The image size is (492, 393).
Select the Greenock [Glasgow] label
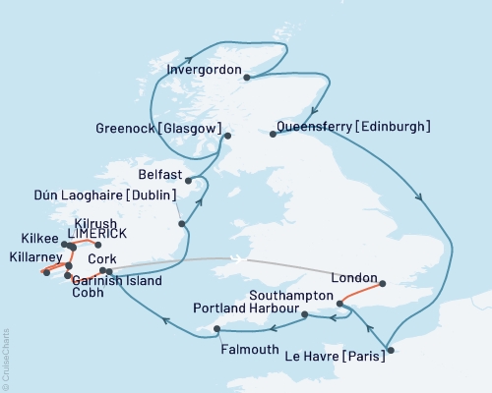[x=156, y=128]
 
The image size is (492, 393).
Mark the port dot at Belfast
[x=189, y=180]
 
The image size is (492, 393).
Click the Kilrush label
[x=94, y=224]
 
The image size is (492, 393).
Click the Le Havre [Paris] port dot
[x=390, y=350]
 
